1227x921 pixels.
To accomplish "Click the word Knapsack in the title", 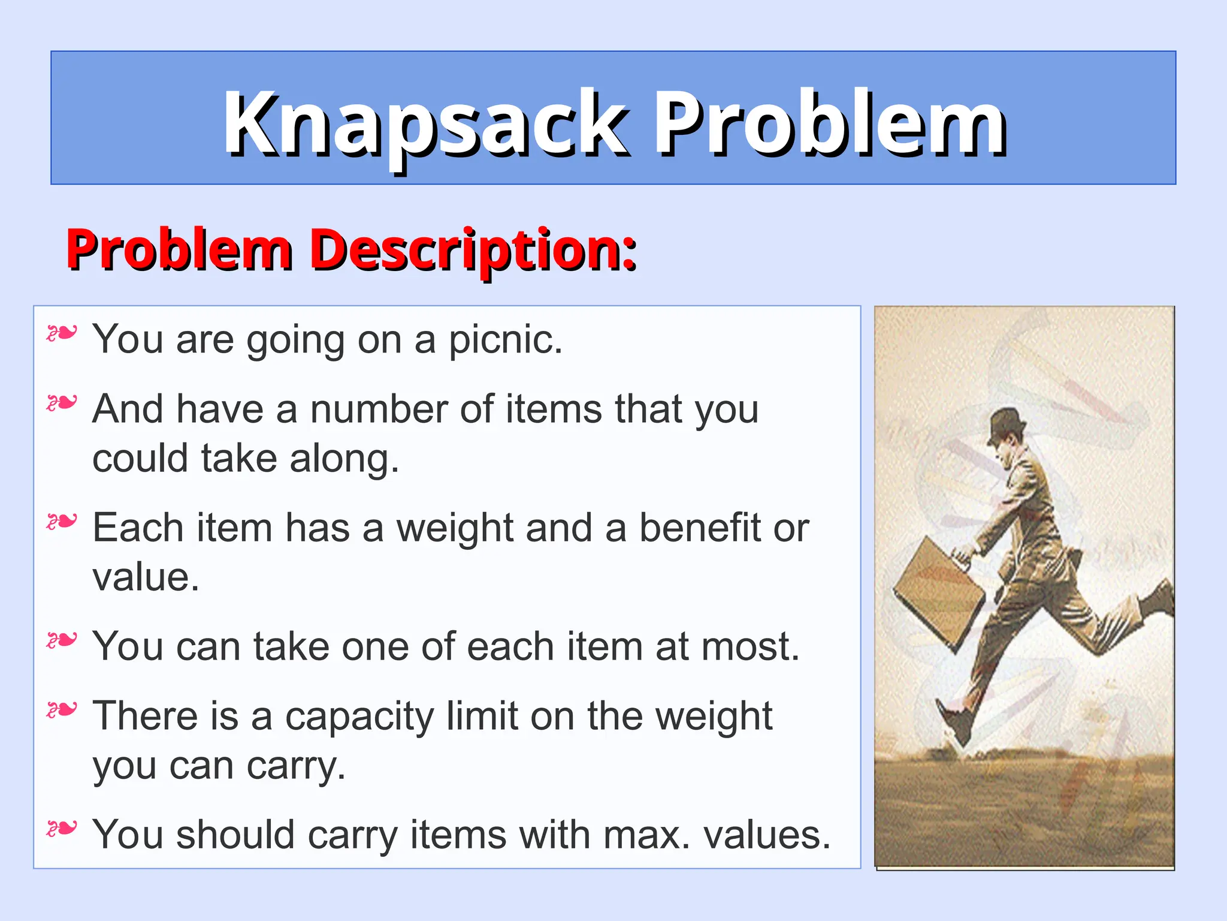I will click(426, 124).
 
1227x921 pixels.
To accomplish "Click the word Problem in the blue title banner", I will click(830, 124).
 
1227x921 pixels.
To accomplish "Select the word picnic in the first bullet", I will click(505, 340).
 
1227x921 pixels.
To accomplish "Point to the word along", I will click(344, 459).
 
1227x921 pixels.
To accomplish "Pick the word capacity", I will click(359, 717).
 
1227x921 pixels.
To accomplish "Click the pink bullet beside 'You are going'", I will click(62, 333).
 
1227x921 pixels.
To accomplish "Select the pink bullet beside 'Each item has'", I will click(62, 522).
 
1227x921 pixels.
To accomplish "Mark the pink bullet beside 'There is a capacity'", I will click(62, 711).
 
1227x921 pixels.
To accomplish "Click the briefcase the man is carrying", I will click(938, 591).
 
